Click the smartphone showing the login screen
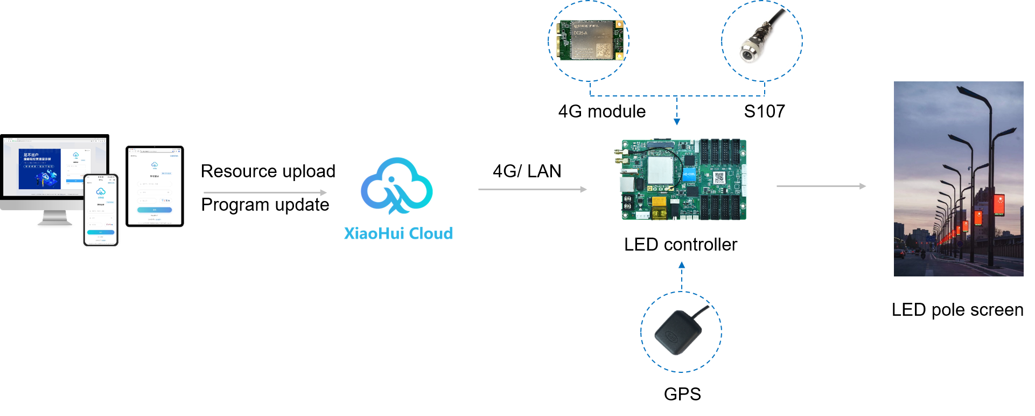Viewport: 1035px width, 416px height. point(101,210)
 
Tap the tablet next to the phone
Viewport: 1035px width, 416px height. point(155,186)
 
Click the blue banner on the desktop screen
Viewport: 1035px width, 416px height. point(39,169)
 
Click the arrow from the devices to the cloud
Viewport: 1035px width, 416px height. point(265,192)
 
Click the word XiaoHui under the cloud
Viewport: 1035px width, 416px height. point(374,234)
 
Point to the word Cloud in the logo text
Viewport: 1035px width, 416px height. point(431,234)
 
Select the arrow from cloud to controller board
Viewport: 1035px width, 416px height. point(532,189)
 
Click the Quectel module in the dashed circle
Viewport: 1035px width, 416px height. point(590,40)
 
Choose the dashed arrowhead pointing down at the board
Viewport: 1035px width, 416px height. point(677,122)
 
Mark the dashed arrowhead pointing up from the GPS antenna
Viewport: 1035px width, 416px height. point(681,265)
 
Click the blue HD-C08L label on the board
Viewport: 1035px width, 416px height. point(689,175)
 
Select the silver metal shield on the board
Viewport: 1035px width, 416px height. point(661,170)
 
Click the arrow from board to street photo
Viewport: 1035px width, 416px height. point(821,186)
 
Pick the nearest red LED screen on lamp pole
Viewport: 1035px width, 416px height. point(999,205)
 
